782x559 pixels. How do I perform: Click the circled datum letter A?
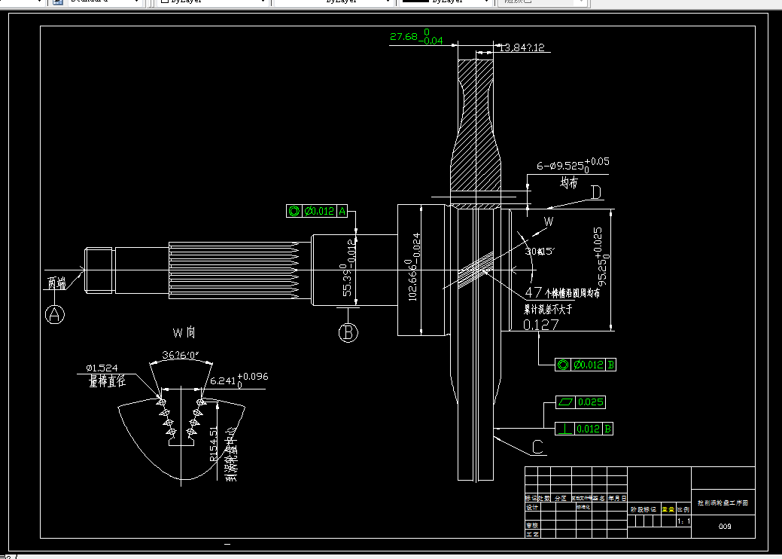(54, 314)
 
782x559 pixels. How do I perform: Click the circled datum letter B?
(348, 332)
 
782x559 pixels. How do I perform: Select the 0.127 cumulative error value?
(540, 325)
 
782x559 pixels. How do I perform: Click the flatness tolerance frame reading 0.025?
(580, 402)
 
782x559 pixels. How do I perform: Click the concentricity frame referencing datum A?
(317, 211)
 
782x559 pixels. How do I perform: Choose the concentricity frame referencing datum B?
(586, 365)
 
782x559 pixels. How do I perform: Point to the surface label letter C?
(537, 446)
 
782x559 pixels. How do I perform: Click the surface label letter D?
(596, 193)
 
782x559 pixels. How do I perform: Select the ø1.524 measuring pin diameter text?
(102, 368)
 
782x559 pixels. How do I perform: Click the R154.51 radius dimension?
(212, 444)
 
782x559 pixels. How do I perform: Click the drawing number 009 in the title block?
(725, 527)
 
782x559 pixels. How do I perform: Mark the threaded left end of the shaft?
(99, 270)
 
